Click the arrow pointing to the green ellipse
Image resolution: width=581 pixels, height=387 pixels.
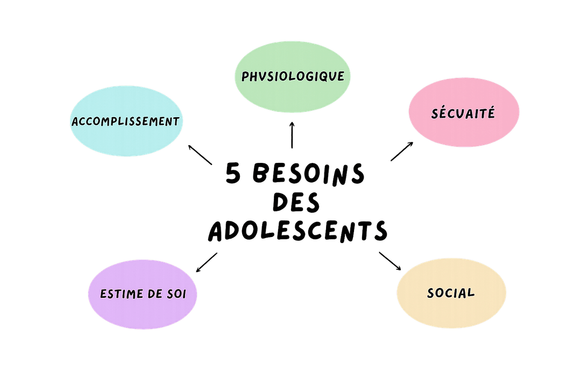293,134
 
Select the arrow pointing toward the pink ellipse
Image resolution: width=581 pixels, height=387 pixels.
402,152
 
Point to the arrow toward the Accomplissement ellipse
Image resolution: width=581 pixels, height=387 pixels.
199,154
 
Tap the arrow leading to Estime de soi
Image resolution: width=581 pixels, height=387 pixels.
207,262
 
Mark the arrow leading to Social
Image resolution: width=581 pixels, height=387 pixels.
390,261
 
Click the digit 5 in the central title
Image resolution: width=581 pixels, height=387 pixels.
234,175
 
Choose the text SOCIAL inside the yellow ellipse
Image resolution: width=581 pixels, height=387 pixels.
451,293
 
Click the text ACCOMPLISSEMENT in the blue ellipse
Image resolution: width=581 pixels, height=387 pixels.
125,121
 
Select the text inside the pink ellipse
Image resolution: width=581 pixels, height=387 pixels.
463,114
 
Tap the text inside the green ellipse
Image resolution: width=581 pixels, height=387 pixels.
293,76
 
